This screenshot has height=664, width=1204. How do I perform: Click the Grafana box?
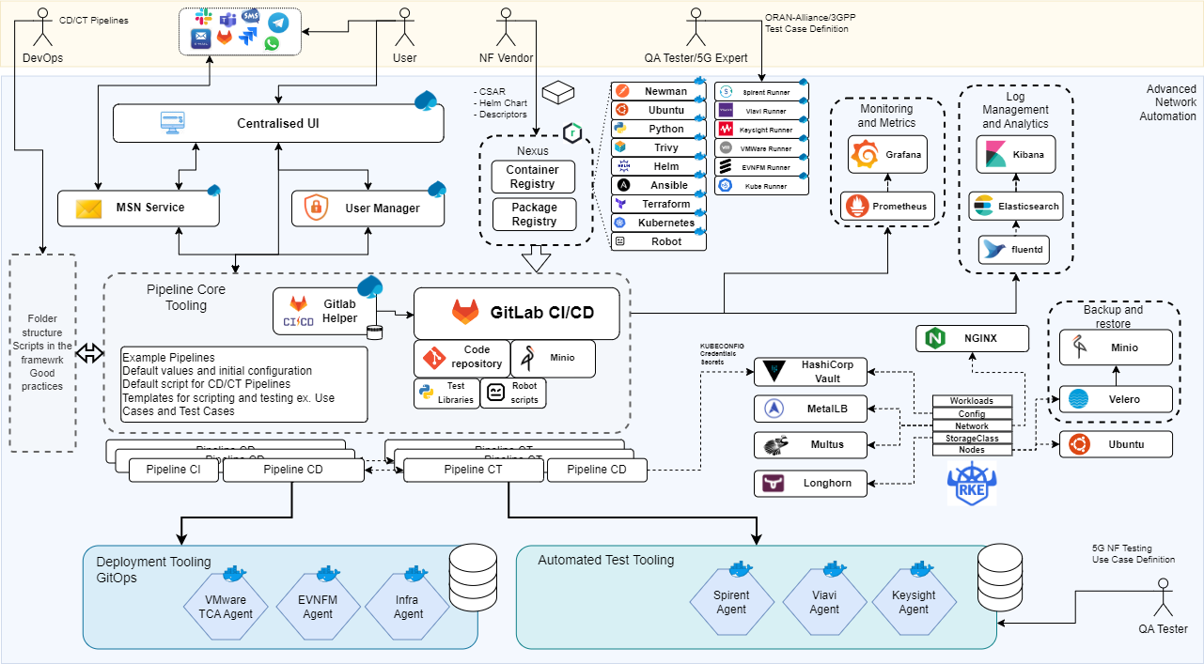coord(888,154)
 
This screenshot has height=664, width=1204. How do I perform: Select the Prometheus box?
coord(888,207)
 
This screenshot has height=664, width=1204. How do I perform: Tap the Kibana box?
coord(1015,155)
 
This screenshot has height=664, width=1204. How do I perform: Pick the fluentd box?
coord(1015,250)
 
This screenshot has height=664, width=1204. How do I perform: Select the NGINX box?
coord(972,338)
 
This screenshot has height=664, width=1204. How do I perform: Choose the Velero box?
coord(1116,399)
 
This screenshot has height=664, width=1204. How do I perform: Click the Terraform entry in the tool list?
coord(659,204)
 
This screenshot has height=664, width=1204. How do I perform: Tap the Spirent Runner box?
coord(761,92)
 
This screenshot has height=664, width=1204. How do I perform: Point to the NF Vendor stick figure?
coord(506,29)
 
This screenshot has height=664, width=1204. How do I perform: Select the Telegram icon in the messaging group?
coord(278,22)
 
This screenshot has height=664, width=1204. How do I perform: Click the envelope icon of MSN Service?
coord(88,208)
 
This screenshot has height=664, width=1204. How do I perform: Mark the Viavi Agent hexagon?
coord(824,602)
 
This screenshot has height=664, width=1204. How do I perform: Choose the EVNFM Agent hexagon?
coord(318,607)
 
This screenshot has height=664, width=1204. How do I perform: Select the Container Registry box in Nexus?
coord(533,177)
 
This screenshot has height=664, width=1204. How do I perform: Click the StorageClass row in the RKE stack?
coord(972,438)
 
